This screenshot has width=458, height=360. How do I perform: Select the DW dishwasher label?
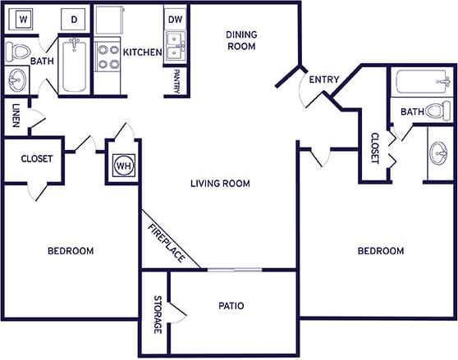(x=174, y=19)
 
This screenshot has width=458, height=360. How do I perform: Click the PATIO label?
(x=231, y=306)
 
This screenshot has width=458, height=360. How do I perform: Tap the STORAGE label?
(x=157, y=313)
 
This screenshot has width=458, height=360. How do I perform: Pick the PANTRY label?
(x=176, y=82)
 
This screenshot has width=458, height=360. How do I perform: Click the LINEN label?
(x=16, y=116)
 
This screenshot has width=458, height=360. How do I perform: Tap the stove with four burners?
(x=108, y=56)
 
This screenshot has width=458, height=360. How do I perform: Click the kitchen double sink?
(x=174, y=47)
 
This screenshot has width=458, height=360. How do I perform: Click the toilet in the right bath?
(x=441, y=111)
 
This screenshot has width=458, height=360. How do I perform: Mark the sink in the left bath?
(x=16, y=80)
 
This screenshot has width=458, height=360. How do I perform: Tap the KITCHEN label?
(x=142, y=52)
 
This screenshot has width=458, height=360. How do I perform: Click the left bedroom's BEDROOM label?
(x=70, y=250)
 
